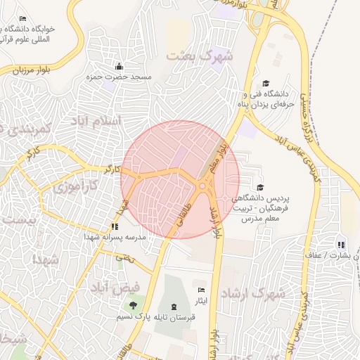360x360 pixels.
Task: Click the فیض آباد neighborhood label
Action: tap(116, 288)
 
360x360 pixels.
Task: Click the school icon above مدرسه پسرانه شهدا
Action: tap(114, 226)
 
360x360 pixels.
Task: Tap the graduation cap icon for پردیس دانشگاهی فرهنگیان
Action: tap(261, 187)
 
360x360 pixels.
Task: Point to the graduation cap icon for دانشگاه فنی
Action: tap(266, 83)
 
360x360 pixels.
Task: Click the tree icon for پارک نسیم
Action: tap(133, 305)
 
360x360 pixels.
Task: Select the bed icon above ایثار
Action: tap(202, 290)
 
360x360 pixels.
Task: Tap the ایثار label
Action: tap(202, 302)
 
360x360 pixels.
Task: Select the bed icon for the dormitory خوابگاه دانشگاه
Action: tap(23, 18)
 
